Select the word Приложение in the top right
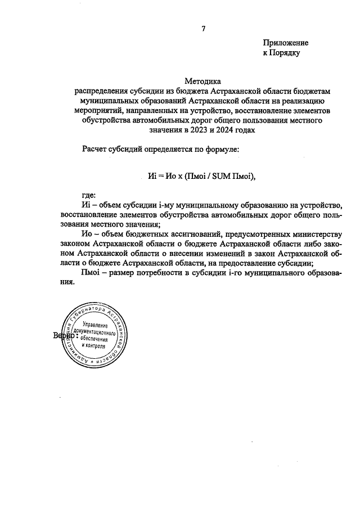pos(286,43)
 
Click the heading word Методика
pos(204,81)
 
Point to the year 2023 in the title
pos(200,129)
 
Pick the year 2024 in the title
pos(227,129)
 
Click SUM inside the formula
pos(221,175)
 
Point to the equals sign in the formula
pos(159,175)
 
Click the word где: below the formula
pos(89,195)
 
